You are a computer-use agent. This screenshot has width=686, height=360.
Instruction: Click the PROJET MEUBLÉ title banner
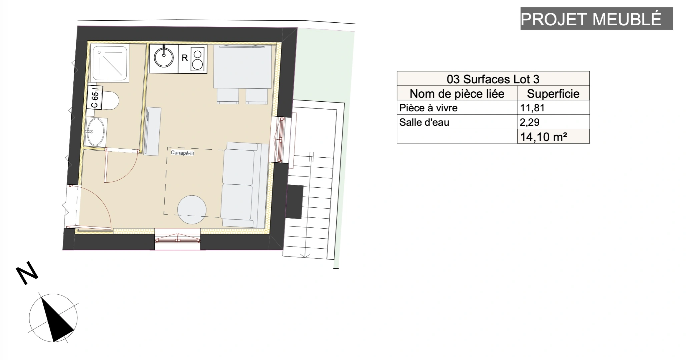(597, 18)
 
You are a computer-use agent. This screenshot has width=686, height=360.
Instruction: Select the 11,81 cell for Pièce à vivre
(553, 108)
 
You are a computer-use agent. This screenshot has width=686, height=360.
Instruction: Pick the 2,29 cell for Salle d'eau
(553, 122)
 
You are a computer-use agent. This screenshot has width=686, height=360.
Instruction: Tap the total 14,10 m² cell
(553, 136)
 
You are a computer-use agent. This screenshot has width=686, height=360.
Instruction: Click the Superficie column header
(553, 93)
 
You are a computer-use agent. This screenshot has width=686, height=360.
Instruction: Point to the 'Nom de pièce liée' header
(457, 93)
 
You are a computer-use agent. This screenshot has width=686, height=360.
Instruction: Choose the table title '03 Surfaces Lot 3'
(493, 79)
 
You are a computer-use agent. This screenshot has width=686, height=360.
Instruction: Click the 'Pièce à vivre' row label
(428, 108)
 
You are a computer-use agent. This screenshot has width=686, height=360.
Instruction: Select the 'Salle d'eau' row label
(424, 122)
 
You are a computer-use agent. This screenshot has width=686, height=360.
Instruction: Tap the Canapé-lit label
(182, 153)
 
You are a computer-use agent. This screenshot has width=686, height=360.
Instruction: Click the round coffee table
(192, 210)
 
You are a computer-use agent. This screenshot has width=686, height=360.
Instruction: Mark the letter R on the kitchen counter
(184, 58)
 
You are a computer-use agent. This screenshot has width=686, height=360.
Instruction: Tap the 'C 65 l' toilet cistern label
(95, 98)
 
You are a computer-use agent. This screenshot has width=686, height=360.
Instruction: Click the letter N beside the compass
(27, 273)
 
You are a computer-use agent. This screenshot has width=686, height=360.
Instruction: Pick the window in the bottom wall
(177, 239)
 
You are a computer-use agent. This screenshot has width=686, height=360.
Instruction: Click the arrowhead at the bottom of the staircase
(305, 256)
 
